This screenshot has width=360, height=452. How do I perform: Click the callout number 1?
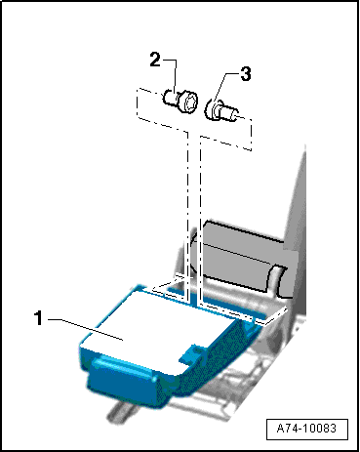(x=39, y=318)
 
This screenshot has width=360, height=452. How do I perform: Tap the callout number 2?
(x=155, y=60)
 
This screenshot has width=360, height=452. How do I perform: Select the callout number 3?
(x=246, y=74)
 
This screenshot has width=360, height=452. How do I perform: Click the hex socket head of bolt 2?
(x=189, y=102)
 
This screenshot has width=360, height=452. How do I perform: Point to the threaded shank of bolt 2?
(x=171, y=98)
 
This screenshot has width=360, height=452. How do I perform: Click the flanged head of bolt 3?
(x=212, y=109)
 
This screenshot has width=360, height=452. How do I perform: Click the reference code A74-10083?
(x=306, y=428)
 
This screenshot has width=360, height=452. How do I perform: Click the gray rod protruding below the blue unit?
(x=120, y=413)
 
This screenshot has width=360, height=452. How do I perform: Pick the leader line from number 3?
(x=224, y=87)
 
